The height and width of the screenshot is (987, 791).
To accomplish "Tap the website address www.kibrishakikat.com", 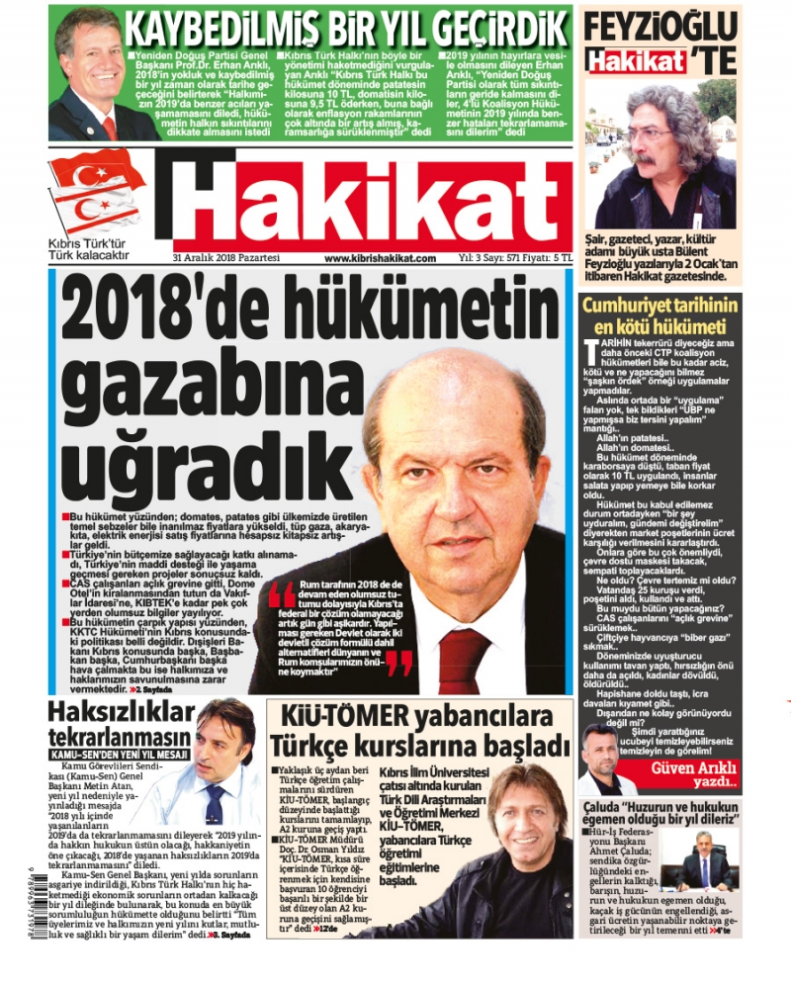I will (x=380, y=258).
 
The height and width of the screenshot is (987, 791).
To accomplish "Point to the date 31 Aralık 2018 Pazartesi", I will (x=226, y=258).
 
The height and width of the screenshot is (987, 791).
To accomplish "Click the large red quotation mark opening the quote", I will (x=282, y=593).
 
